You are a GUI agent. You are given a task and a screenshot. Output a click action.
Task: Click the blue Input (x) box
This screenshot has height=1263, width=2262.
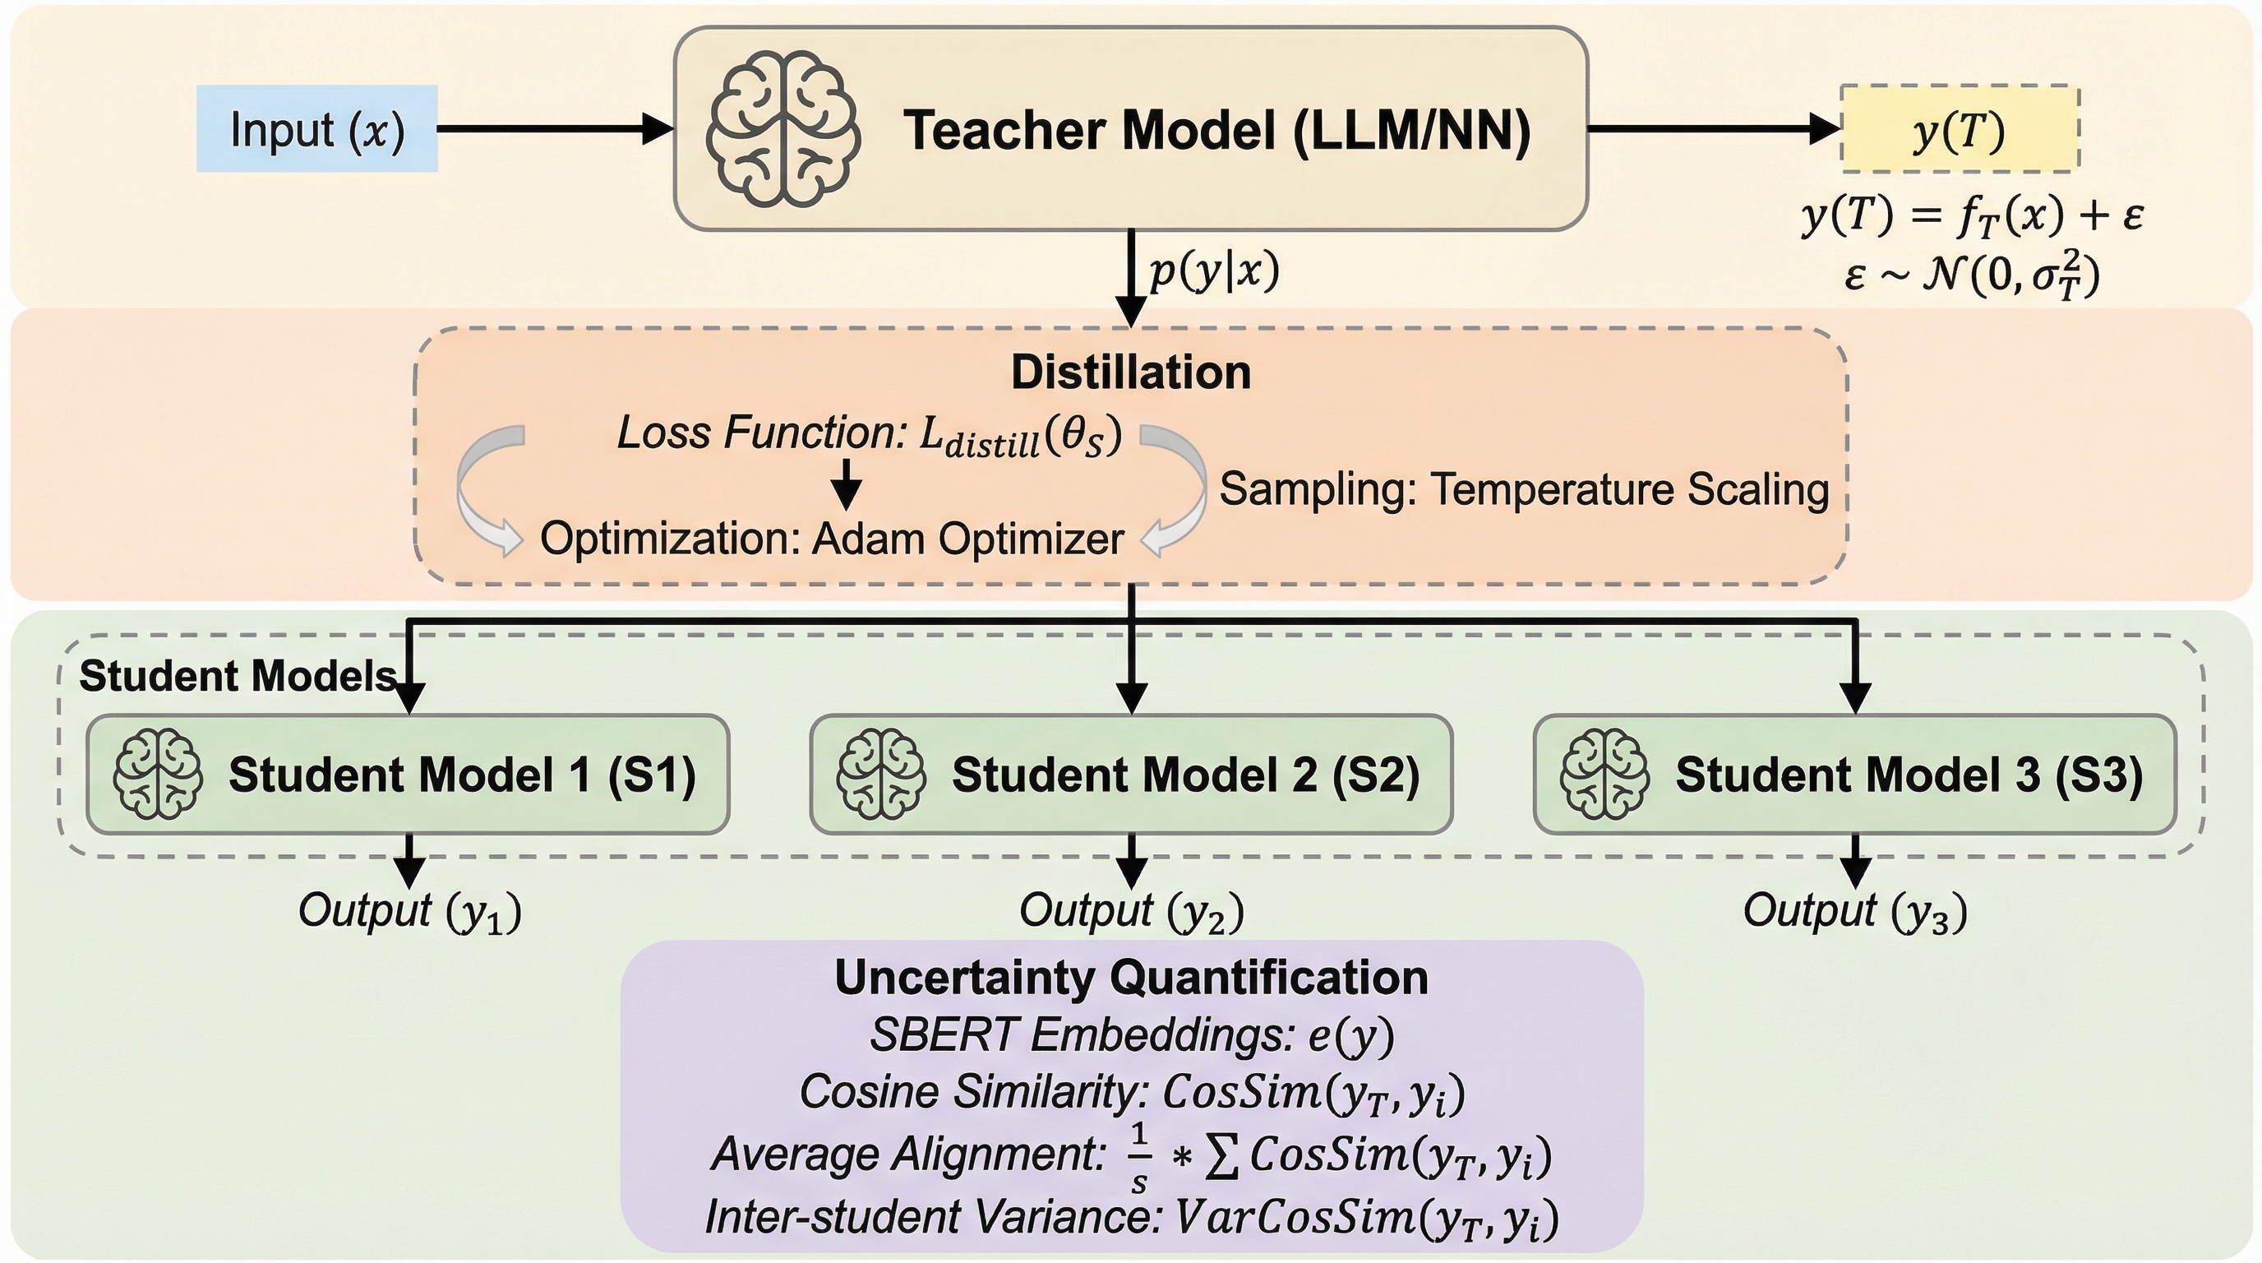[316, 128]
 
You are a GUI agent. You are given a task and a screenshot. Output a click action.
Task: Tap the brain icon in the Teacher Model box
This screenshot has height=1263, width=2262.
[783, 128]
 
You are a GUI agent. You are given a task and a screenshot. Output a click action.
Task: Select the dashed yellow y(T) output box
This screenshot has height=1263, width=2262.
[1959, 129]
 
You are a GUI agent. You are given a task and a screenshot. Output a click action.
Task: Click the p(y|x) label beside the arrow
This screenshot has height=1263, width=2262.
[1213, 272]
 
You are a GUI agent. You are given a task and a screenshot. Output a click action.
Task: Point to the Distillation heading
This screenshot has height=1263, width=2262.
[1130, 372]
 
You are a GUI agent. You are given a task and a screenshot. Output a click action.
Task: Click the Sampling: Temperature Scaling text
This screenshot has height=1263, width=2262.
[1524, 489]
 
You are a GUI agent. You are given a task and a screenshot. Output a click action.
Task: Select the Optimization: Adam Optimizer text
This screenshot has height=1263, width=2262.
[832, 539]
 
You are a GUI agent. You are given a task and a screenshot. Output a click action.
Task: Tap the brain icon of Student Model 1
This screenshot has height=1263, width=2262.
[158, 774]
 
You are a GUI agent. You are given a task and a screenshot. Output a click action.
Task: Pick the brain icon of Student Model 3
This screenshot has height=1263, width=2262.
[1604, 774]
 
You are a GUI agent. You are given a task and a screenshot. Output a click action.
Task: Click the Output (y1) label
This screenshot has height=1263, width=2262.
[410, 912]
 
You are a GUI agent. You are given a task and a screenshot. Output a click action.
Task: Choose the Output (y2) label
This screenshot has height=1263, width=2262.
[1131, 912]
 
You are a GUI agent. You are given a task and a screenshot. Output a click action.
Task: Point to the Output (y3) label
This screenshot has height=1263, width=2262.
[1854, 912]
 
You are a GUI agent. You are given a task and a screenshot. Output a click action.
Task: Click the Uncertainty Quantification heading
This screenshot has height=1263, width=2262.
[1131, 978]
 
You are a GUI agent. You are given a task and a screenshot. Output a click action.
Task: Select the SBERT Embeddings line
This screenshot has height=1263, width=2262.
[1131, 1035]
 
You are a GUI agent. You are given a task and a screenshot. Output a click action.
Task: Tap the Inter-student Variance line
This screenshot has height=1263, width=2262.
[1131, 1219]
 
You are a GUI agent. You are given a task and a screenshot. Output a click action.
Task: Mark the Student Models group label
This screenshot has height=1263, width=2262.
[237, 676]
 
